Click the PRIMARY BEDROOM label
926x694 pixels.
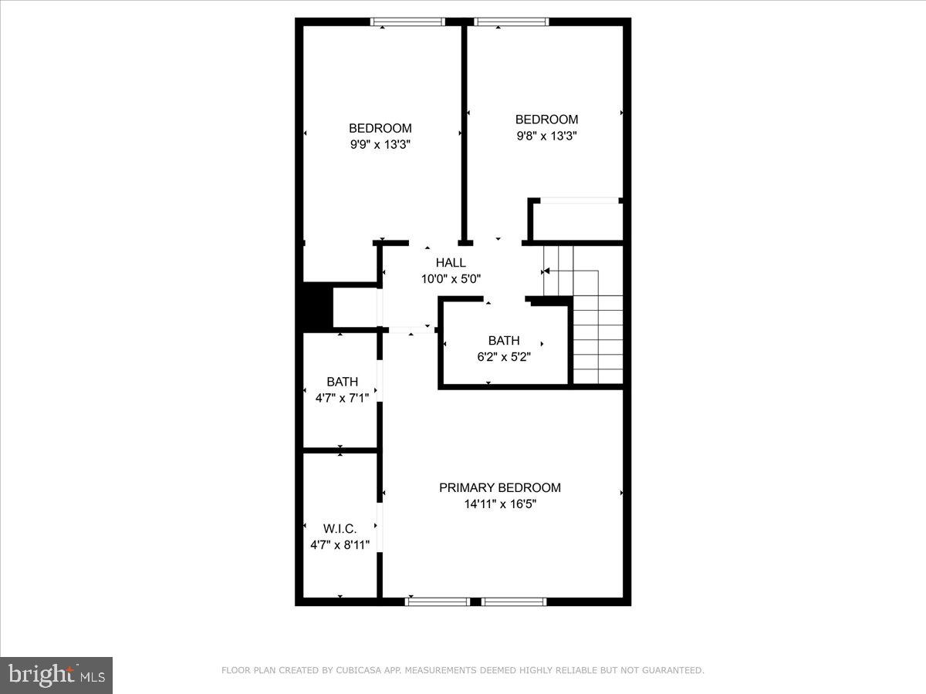click(500, 487)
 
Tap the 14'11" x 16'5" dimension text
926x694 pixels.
click(500, 504)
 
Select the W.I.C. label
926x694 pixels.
click(340, 528)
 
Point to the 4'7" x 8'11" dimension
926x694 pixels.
click(340, 544)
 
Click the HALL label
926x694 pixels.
click(451, 263)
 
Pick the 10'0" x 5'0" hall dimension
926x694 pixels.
click(451, 279)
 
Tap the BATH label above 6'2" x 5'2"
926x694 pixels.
click(504, 340)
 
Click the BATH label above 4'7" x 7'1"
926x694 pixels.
click(342, 381)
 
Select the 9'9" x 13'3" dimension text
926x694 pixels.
click(380, 144)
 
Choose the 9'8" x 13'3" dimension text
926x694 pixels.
click(546, 136)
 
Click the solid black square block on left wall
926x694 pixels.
click(316, 307)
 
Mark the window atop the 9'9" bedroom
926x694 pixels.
click(407, 22)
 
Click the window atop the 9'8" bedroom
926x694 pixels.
click(512, 22)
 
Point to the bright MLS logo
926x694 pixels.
click(56, 675)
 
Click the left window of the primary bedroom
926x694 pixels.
click(437, 601)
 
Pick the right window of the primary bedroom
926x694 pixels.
click(514, 601)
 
